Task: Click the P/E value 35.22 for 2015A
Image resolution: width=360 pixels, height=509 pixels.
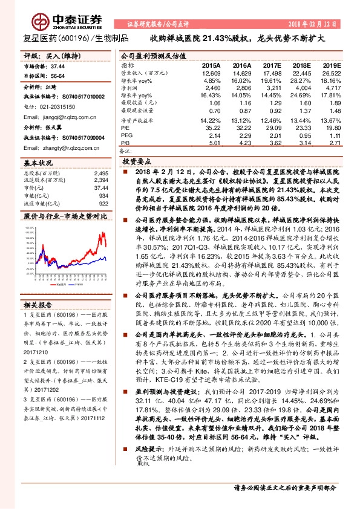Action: [x=211, y=128]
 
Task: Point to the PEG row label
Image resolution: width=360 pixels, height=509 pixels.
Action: [x=126, y=136]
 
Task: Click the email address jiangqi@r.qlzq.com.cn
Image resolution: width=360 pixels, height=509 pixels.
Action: [x=56, y=116]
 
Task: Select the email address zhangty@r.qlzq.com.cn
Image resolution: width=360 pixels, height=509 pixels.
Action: [x=57, y=148]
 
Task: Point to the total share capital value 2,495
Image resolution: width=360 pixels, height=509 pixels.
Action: [x=101, y=173]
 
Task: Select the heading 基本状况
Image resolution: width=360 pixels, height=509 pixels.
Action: [x=38, y=163]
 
